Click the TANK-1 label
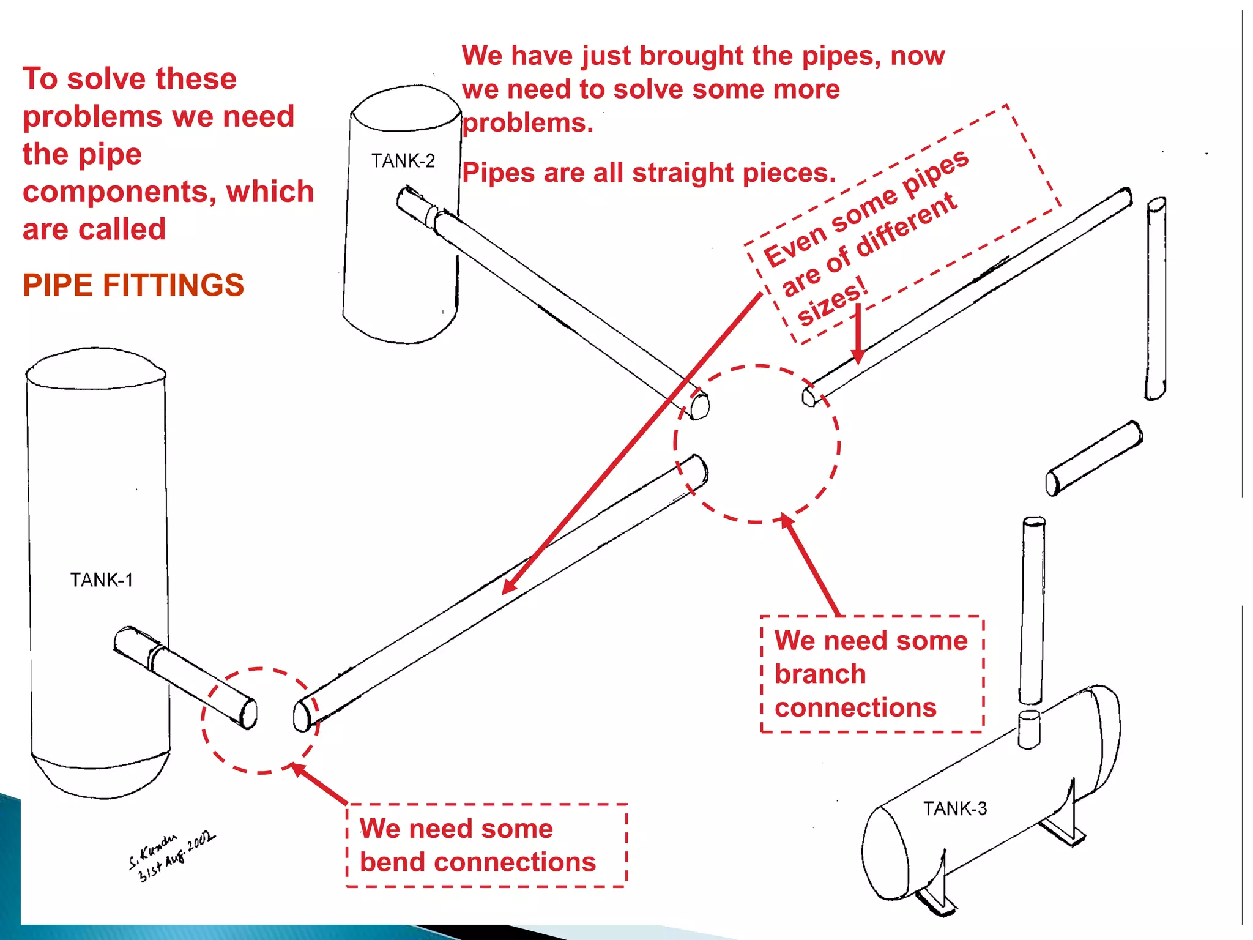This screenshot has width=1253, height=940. pyautogui.click(x=101, y=580)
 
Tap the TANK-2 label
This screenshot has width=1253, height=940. pyautogui.click(x=403, y=161)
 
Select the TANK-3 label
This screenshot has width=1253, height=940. pyautogui.click(x=954, y=808)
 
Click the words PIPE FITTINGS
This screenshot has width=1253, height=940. pyautogui.click(x=133, y=285)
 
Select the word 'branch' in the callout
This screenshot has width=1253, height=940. pyautogui.click(x=820, y=674)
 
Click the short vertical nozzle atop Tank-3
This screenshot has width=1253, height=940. pyautogui.click(x=1029, y=729)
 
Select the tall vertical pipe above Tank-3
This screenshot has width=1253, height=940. pyautogui.click(x=1033, y=612)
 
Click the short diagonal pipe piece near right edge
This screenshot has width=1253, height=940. pyautogui.click(x=1094, y=458)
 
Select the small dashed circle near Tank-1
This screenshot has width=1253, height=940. pyautogui.click(x=260, y=721)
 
